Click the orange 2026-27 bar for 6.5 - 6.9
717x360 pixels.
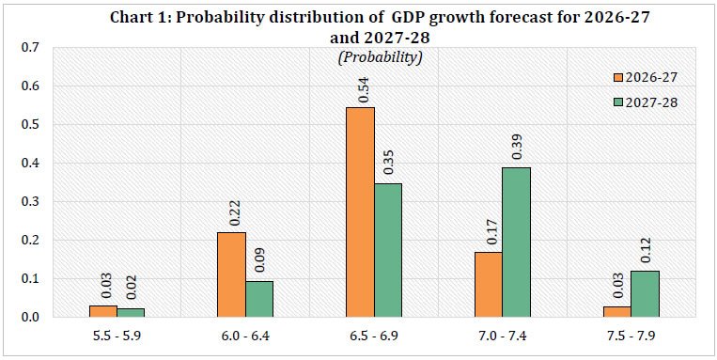(360, 212)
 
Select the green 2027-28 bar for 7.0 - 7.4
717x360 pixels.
(516, 242)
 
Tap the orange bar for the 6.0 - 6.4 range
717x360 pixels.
(231, 274)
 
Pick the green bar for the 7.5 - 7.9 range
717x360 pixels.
(646, 293)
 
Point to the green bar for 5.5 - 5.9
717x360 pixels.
(131, 312)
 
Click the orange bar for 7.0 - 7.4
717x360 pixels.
(489, 285)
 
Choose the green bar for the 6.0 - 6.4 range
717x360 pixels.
(259, 299)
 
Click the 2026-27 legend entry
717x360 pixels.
(645, 77)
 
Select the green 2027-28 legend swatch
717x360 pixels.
(617, 103)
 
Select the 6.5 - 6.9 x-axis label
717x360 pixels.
(374, 336)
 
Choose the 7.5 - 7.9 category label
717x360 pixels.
(631, 336)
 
